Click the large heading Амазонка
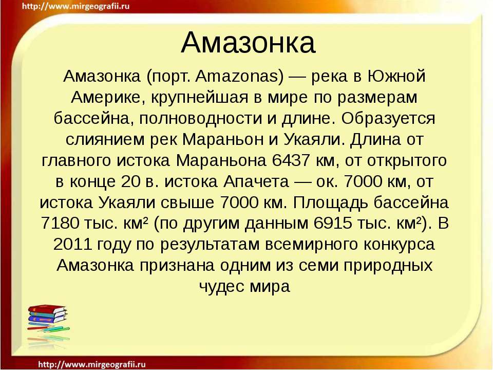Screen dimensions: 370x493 [248, 43]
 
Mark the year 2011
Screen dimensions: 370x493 [74, 244]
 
